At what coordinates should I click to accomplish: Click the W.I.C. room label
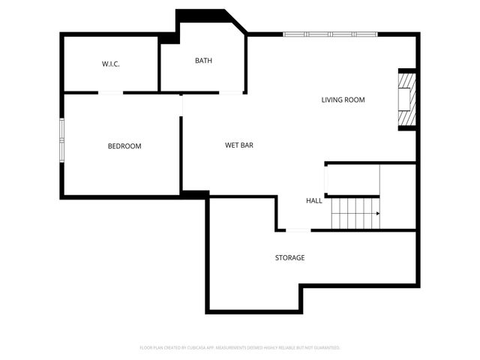111,64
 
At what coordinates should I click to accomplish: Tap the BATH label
204,61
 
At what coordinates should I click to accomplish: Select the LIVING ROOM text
343,100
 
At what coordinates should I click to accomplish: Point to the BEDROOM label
124,146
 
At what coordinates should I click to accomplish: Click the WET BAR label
239,145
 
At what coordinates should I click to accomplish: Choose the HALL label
313,201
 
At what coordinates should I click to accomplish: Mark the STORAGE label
289,258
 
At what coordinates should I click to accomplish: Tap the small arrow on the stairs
377,213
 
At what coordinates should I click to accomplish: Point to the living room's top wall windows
330,34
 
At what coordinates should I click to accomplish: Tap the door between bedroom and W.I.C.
112,92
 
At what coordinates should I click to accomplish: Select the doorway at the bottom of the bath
231,92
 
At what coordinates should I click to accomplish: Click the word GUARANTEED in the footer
325,348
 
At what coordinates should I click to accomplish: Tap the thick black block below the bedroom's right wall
195,194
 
